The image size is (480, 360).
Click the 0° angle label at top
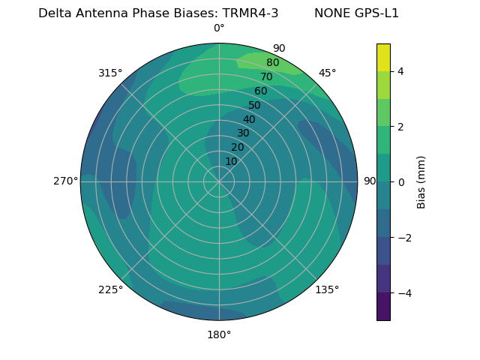219,28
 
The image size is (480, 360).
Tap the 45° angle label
327,73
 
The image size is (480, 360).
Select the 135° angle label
327,289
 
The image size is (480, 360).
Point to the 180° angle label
219,334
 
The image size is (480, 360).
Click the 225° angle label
110,290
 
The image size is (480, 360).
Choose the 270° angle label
65,181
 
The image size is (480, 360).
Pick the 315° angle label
110,73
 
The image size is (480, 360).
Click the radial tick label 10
231,161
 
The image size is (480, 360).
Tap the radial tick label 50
254,106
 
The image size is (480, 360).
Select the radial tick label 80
272,63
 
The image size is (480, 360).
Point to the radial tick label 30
243,133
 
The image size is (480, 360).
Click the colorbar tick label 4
400,71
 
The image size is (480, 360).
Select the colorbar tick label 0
400,182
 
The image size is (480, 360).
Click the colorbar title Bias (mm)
421,182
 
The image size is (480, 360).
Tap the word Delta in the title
55,13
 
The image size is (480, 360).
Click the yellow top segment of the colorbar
383,57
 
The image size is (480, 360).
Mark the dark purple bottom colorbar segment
383,307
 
